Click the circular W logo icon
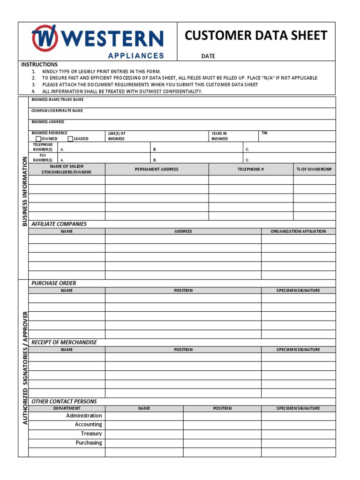click(x=45, y=38)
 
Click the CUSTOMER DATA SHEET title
click(x=256, y=36)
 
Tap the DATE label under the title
click(x=208, y=56)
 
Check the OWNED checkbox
click(x=38, y=139)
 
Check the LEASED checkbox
click(x=70, y=139)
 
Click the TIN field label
click(x=264, y=133)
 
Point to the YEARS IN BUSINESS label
click(x=219, y=136)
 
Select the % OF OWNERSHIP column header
click(x=314, y=169)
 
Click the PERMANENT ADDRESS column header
click(x=157, y=169)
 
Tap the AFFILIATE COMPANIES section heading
click(x=59, y=224)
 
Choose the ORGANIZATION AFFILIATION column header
click(x=298, y=231)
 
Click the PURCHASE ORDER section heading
click(x=53, y=283)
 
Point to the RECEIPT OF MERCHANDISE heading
click(x=64, y=342)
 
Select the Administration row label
click(x=84, y=416)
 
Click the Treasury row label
click(x=91, y=434)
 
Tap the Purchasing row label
click(x=89, y=442)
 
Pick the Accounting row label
click(x=88, y=425)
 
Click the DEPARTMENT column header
click(x=67, y=408)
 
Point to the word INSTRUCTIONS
click(x=39, y=65)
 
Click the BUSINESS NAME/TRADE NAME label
click(x=57, y=100)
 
